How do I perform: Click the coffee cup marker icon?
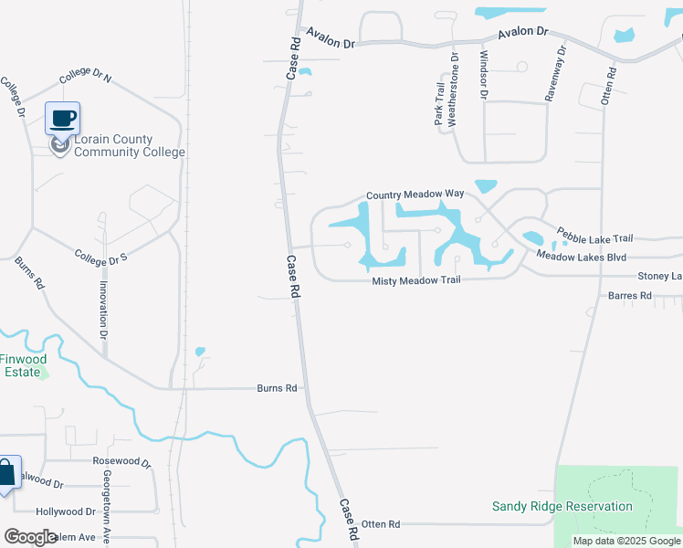pyautogui.click(x=62, y=119)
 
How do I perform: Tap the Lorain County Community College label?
pyautogui.click(x=129, y=146)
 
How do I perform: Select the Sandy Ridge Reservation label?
pyautogui.click(x=562, y=506)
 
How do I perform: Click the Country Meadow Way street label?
pyautogui.click(x=415, y=195)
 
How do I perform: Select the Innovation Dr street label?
pyautogui.click(x=103, y=310)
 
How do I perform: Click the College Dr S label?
pyautogui.click(x=100, y=257)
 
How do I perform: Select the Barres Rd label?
pyautogui.click(x=630, y=296)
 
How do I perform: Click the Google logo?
pyautogui.click(x=31, y=537)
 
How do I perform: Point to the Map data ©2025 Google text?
pyautogui.click(x=625, y=541)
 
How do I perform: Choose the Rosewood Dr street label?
pyautogui.click(x=121, y=462)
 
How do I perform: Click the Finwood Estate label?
pyautogui.click(x=20, y=365)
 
